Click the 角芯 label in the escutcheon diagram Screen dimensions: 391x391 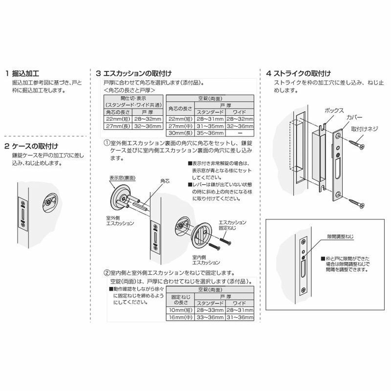(165, 181)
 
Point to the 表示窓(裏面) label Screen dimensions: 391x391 (120, 179)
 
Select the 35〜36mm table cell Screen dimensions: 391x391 (210, 132)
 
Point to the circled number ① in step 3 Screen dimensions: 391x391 (106, 143)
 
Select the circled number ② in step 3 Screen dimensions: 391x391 (106, 273)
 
